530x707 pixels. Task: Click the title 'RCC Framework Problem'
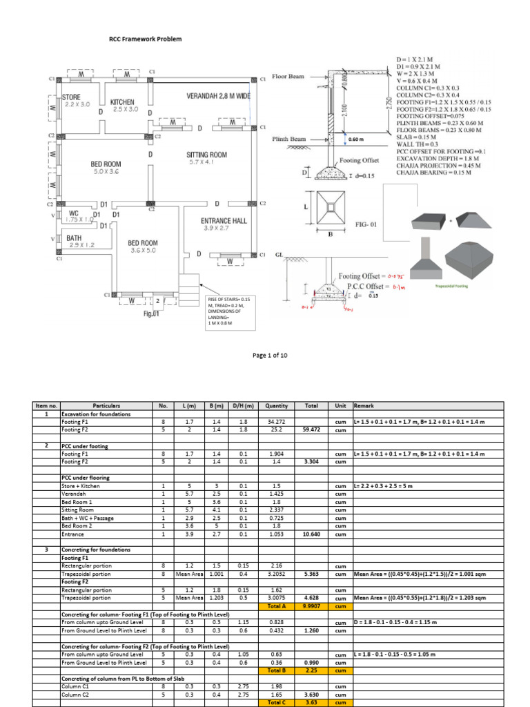[146, 39]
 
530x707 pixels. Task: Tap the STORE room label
[72, 97]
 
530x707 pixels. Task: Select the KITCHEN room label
[123, 101]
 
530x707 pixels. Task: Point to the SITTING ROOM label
[206, 155]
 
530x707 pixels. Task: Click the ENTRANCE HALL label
[219, 221]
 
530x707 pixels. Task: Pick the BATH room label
[74, 238]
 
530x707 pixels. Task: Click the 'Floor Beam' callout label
[288, 77]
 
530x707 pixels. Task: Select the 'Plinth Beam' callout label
[288, 139]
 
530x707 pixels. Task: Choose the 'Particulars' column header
[106, 406]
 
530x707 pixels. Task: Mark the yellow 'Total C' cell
[279, 703]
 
